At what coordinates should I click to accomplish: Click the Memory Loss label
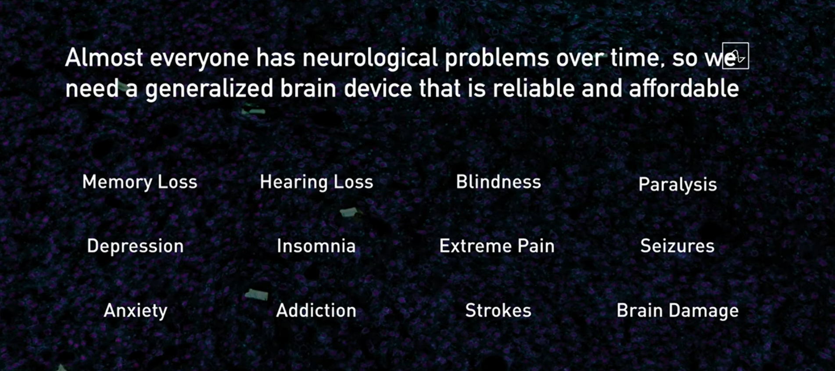[140, 182]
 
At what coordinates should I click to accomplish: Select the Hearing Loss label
[316, 182]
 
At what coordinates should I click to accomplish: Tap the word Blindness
[498, 182]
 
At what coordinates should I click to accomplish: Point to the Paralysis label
[677, 185]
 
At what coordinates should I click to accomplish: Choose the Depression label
[135, 246]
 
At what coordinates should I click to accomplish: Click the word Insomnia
[316, 246]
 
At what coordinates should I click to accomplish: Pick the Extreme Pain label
[497, 246]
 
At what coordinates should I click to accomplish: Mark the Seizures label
[677, 246]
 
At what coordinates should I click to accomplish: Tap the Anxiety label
[136, 311]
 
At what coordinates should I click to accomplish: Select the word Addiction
[316, 310]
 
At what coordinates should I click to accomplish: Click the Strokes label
[498, 310]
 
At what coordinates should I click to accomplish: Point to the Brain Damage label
[677, 311]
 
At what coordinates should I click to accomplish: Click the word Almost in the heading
[104, 58]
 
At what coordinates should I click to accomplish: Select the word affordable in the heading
[684, 88]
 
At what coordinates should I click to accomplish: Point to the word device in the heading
[378, 88]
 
